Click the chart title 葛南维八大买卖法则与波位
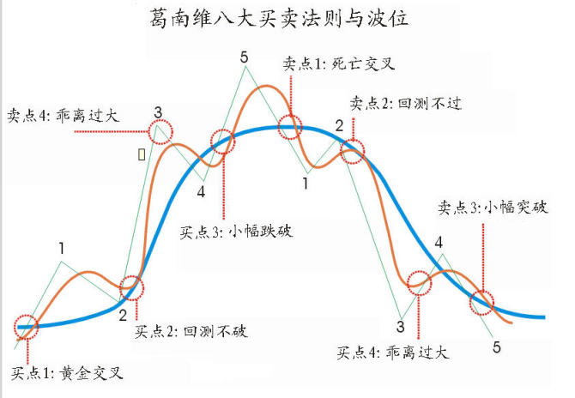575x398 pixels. [x=287, y=20]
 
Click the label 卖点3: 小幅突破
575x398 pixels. [x=493, y=207]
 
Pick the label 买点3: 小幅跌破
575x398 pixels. [x=236, y=232]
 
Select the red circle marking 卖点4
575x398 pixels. [x=160, y=131]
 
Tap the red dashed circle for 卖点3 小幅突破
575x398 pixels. [x=482, y=301]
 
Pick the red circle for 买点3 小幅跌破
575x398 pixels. [x=222, y=142]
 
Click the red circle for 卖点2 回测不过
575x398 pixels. [x=352, y=152]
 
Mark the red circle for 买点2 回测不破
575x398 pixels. [x=133, y=288]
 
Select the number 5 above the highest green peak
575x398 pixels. [x=245, y=57]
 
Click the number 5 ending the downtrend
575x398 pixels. [x=497, y=347]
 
